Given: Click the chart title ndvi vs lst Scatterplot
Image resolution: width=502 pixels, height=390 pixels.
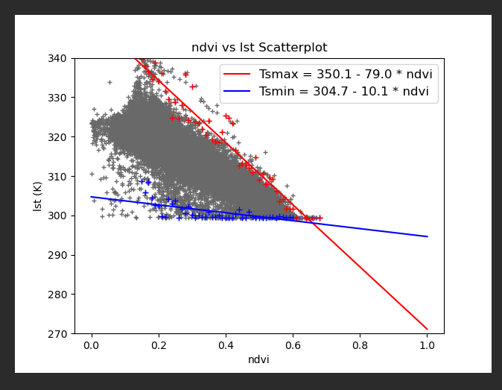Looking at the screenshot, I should coord(259,48).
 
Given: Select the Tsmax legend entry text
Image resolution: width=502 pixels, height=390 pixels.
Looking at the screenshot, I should coord(346,74).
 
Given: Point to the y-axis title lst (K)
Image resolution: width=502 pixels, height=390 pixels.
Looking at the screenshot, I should coord(38,195).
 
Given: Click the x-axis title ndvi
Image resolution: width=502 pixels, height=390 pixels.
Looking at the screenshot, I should coord(259,359).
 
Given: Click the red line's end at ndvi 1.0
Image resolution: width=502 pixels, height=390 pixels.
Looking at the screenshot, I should coord(428,329).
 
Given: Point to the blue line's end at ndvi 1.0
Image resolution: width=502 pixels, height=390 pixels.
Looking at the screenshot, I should coord(428,236).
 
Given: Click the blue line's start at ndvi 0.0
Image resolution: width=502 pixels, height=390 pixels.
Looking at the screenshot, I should coord(92,197).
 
